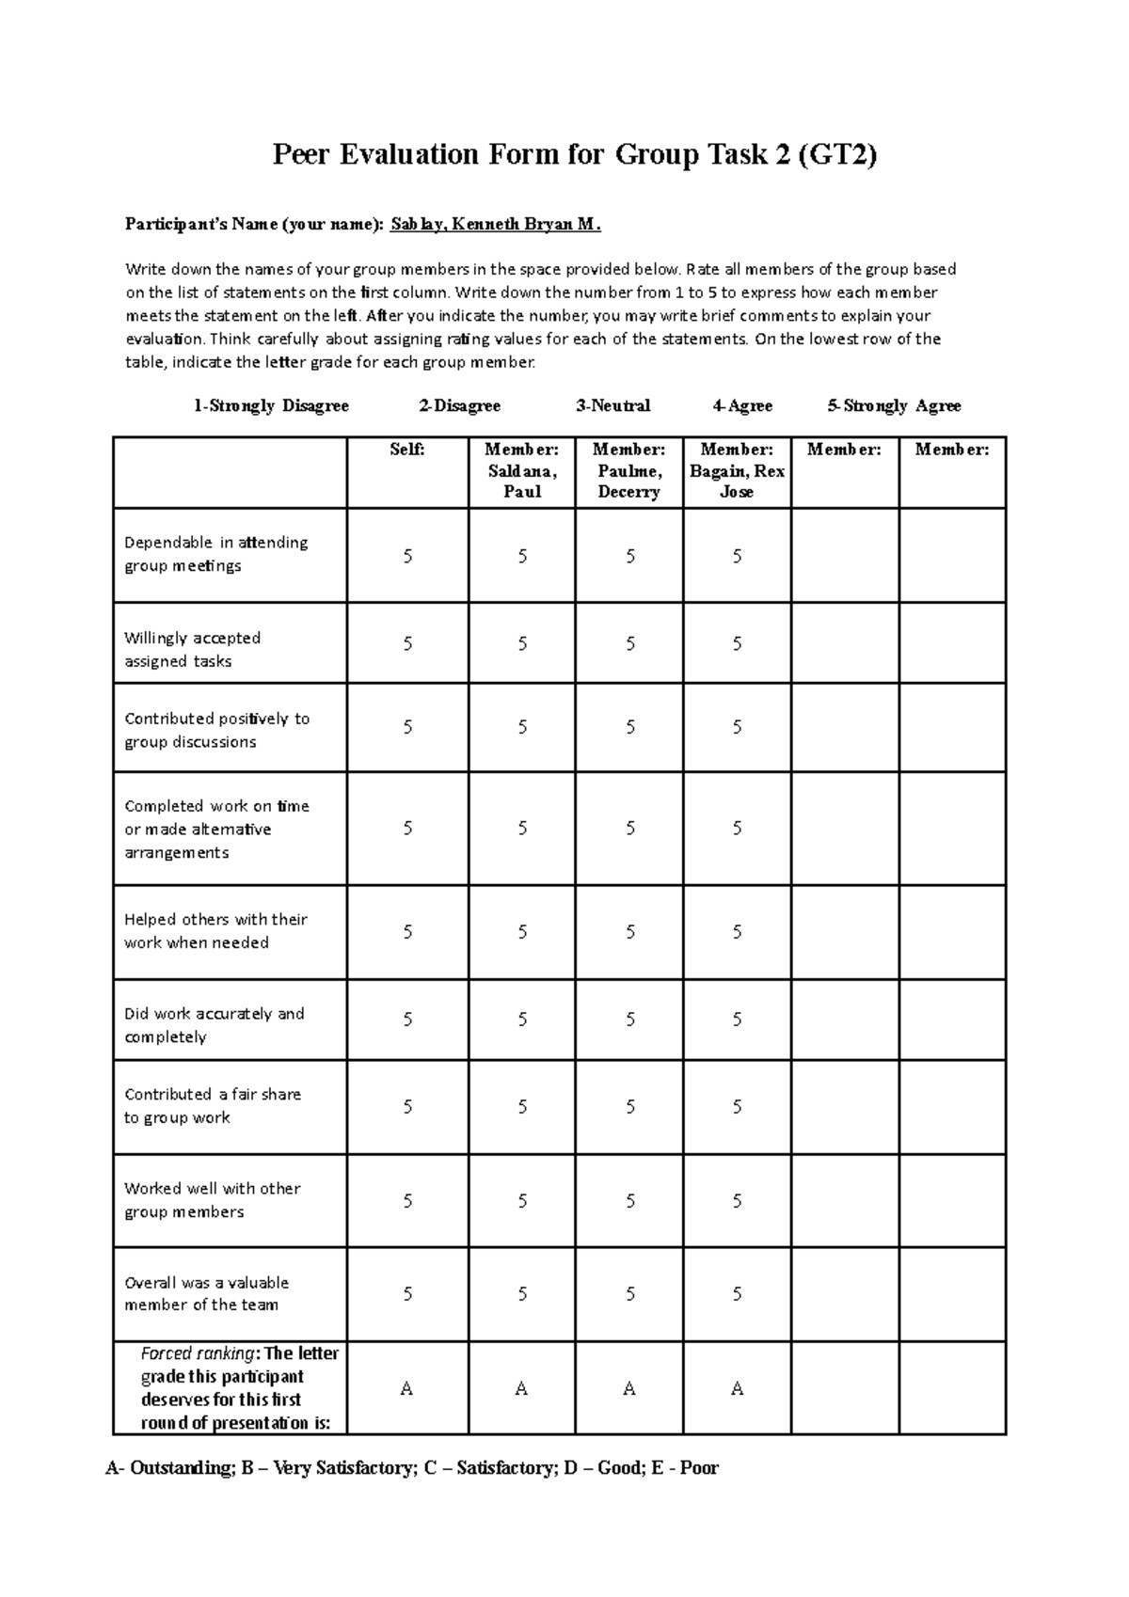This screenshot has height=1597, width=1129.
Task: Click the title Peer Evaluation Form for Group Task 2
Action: point(574,154)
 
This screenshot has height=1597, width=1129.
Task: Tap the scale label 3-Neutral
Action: point(613,405)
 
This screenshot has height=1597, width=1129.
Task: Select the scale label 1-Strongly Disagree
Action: point(271,405)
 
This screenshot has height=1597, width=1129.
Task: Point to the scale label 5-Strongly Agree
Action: point(894,405)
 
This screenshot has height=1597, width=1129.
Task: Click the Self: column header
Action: point(407,450)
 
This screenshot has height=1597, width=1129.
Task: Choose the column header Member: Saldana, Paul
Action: point(521,470)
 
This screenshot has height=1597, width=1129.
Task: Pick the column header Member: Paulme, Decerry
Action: point(628,470)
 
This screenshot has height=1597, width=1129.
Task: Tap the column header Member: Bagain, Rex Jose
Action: point(737,470)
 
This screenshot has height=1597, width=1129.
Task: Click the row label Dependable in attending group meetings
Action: point(216,554)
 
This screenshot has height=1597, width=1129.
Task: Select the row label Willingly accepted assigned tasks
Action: point(192,649)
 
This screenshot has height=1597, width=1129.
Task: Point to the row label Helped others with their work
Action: point(215,930)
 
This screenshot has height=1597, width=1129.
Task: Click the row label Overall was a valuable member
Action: point(206,1293)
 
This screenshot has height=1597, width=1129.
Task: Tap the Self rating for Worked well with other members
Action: point(407,1201)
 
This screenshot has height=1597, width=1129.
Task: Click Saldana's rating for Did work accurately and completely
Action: point(522,1020)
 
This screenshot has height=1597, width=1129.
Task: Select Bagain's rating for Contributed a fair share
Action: point(737,1107)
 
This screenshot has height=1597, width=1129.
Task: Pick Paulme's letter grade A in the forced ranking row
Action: point(629,1388)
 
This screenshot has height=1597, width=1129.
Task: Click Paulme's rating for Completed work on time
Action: point(629,829)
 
